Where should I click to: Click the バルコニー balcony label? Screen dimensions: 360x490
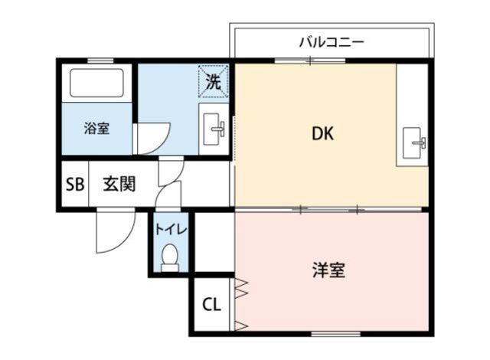(332, 41)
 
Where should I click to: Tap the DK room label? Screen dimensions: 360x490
(322, 133)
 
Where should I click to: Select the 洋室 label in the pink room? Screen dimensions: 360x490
(328, 270)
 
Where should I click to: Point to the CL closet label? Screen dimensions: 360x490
(211, 304)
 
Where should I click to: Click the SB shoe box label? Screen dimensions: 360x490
(74, 185)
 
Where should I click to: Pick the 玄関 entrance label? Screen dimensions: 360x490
(119, 185)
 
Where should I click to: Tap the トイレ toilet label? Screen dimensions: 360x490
(169, 229)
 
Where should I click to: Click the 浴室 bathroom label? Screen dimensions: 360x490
(96, 129)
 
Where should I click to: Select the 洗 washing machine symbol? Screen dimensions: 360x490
(214, 82)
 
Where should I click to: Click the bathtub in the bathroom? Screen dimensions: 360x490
(97, 84)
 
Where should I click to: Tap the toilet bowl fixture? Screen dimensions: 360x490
(170, 257)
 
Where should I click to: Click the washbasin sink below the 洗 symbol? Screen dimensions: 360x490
(214, 128)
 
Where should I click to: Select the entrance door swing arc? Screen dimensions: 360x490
(112, 232)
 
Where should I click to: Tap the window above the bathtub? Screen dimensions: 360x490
(99, 61)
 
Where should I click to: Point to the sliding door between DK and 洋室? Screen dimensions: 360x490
(329, 208)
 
